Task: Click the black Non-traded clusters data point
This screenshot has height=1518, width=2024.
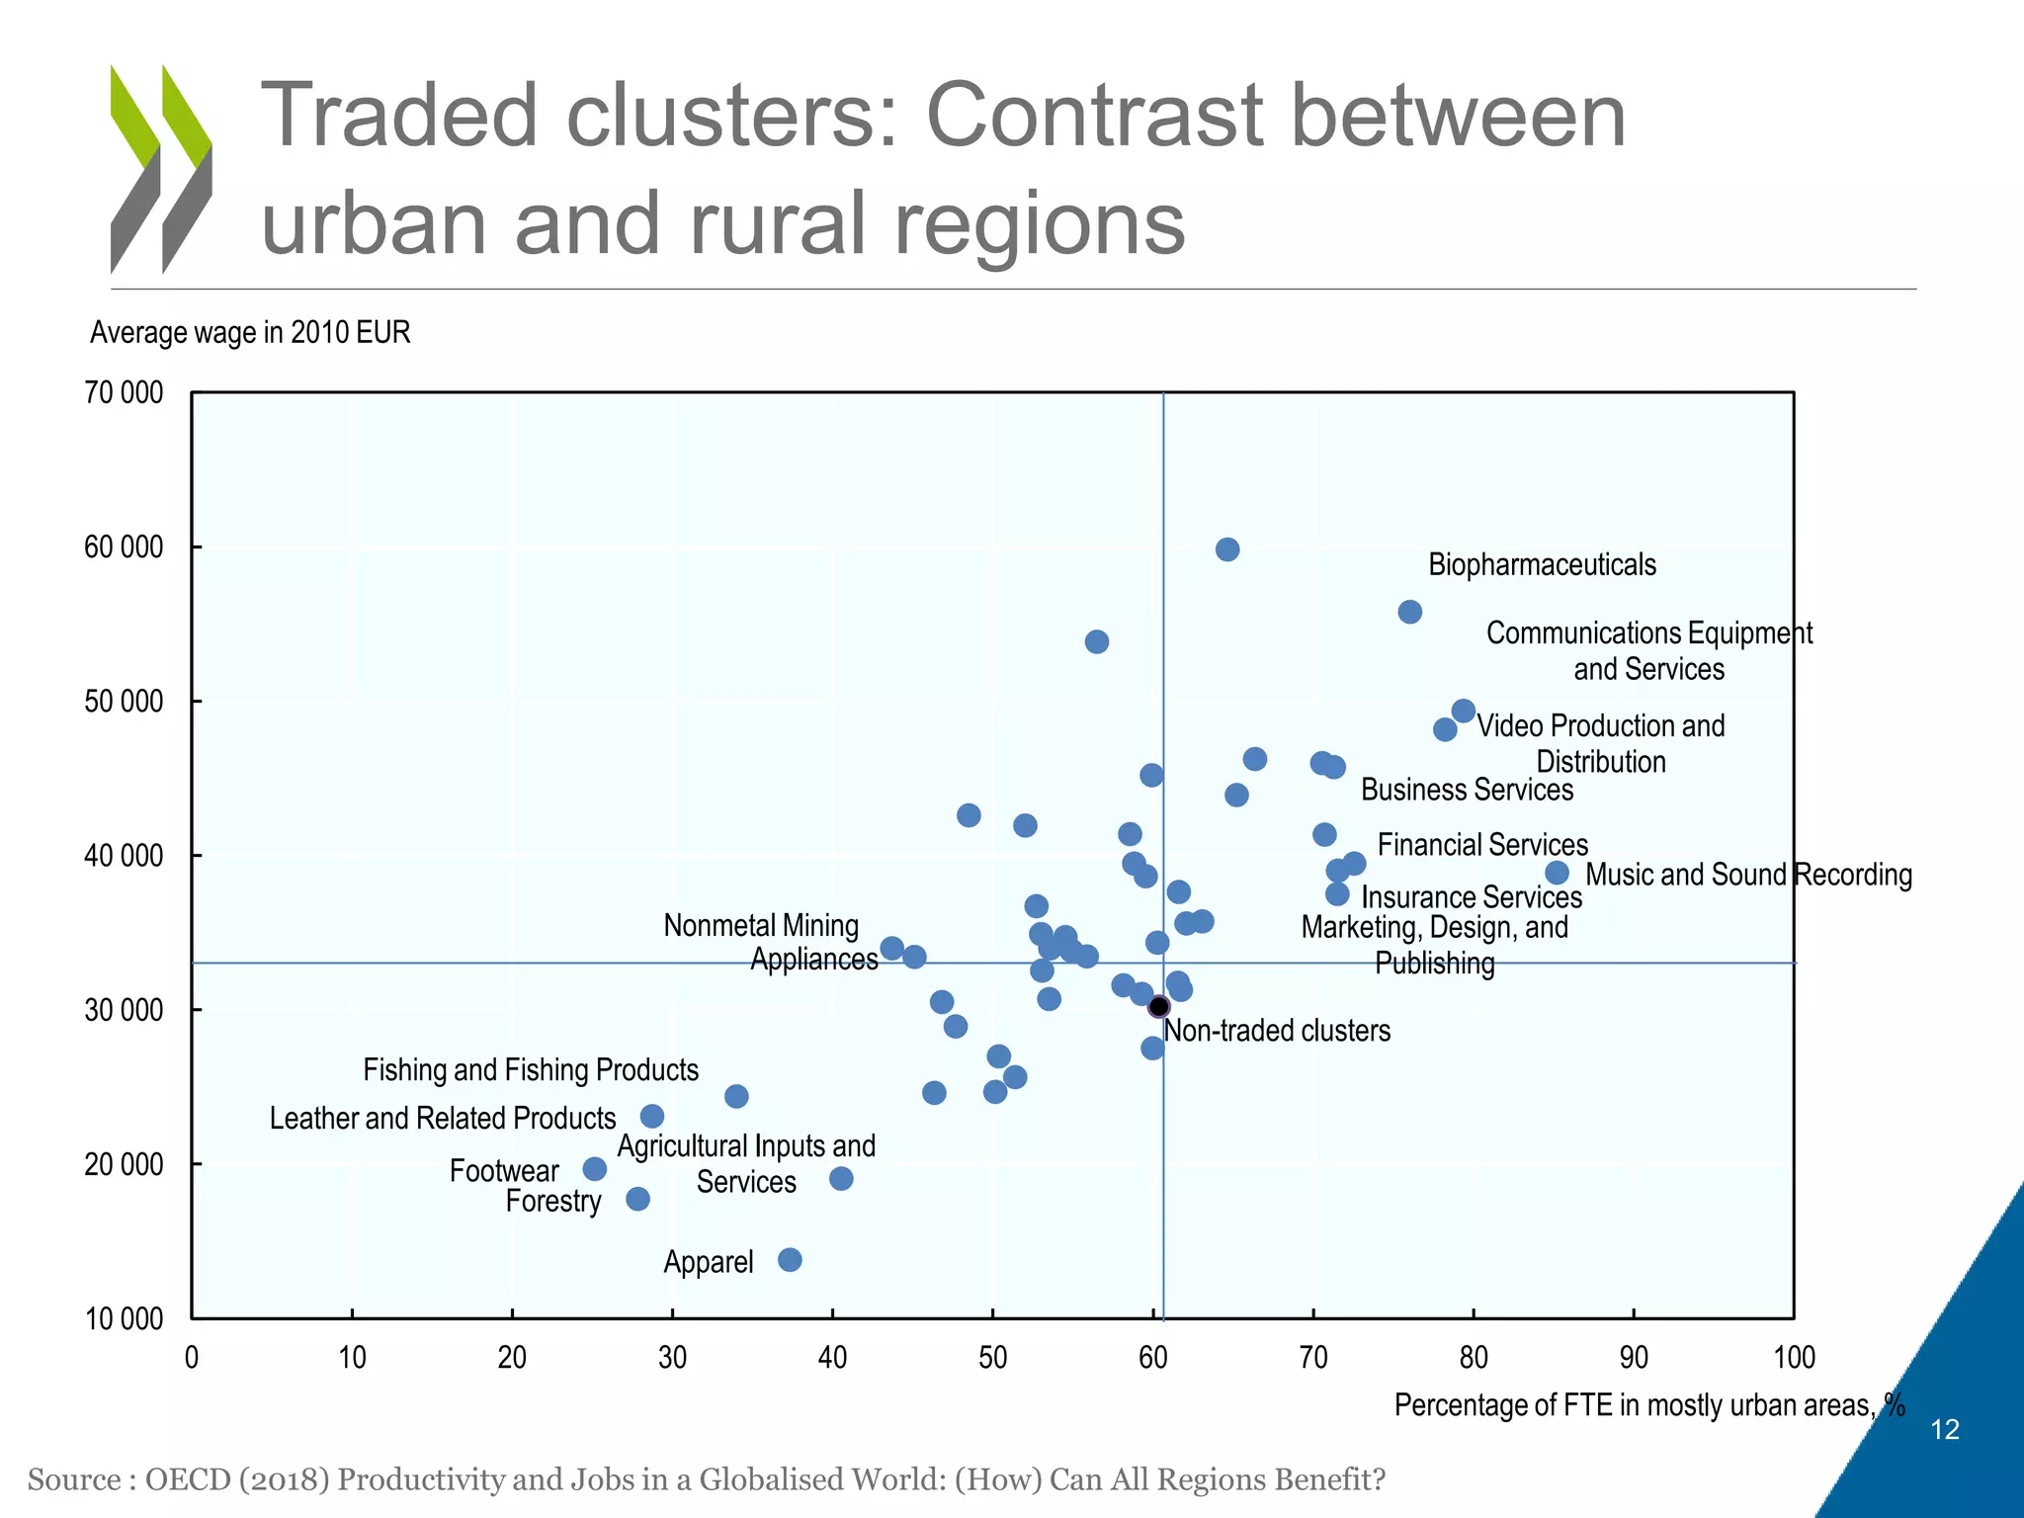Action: coord(1159,1007)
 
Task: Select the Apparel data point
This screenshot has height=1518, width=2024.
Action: coord(790,1260)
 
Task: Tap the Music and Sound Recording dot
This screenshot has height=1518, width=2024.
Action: coord(1557,873)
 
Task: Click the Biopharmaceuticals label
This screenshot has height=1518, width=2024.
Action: coord(1542,565)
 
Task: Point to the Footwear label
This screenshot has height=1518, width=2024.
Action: coord(504,1171)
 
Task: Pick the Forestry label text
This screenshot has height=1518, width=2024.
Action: coord(553,1202)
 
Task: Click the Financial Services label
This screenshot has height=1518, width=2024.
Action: coord(1482,845)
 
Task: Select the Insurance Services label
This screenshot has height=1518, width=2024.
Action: coord(1472,897)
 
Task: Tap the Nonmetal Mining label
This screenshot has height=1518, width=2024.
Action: coord(761,926)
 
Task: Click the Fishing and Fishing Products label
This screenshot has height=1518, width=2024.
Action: coord(531,1070)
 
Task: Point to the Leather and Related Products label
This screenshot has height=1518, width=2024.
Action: coord(443,1119)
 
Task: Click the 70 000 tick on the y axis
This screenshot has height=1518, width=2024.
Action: coord(125,393)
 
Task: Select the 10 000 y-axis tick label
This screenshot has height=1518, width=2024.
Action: coord(125,1318)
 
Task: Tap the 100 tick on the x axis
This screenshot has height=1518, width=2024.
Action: coord(1794,1358)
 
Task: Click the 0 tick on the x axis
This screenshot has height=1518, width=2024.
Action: coord(192,1358)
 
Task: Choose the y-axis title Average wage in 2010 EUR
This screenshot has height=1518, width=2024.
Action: coord(250,333)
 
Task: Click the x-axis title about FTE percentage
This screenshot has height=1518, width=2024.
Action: coord(1648,1405)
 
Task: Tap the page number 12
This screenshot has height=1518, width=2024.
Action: coord(1944,1430)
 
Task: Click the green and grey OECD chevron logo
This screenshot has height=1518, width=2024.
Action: coord(161,169)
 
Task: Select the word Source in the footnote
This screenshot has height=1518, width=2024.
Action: coord(73,1479)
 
